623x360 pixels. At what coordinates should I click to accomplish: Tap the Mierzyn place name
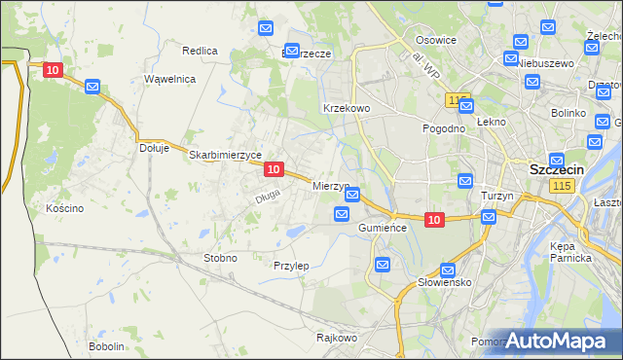coord(330,185)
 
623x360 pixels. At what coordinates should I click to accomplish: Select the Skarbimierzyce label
coord(226,155)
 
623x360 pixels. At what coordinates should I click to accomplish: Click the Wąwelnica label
coord(170,78)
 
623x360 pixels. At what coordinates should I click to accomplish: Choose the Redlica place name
coord(200,50)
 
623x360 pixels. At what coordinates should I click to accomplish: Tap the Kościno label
coord(65,208)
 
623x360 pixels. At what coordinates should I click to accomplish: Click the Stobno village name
coord(219,258)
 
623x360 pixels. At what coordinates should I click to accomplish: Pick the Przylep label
coord(291,266)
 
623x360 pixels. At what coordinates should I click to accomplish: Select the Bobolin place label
coord(106,346)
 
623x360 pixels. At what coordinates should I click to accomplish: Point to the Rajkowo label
coord(337,338)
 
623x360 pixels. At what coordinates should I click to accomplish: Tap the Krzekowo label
coord(346,108)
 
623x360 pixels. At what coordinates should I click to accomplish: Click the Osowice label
coord(436,40)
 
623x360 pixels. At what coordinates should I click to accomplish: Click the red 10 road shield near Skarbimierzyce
coord(274,169)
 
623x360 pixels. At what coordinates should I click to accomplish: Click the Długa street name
coord(268,197)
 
